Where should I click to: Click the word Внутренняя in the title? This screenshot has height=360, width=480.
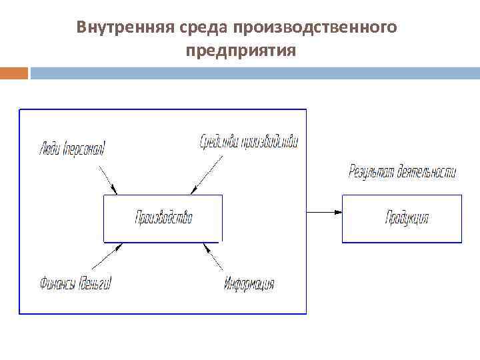pos(125,28)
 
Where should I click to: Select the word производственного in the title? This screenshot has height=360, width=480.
pos(315,28)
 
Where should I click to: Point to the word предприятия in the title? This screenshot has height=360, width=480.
pos(241,50)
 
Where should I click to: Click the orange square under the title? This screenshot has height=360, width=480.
pos(14,72)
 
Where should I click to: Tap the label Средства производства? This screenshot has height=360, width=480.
pos(249,141)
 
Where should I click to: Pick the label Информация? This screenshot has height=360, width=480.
pos(249,284)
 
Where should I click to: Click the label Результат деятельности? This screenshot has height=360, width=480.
pos(402,171)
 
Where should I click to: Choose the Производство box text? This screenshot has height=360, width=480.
pos(163,217)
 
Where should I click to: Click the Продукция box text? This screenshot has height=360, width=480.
pos(407,217)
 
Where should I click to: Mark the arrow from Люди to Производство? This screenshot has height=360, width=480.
pos(107,179)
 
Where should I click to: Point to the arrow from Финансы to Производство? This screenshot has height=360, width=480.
pos(105,256)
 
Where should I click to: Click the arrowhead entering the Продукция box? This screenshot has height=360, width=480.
pos(337,212)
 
